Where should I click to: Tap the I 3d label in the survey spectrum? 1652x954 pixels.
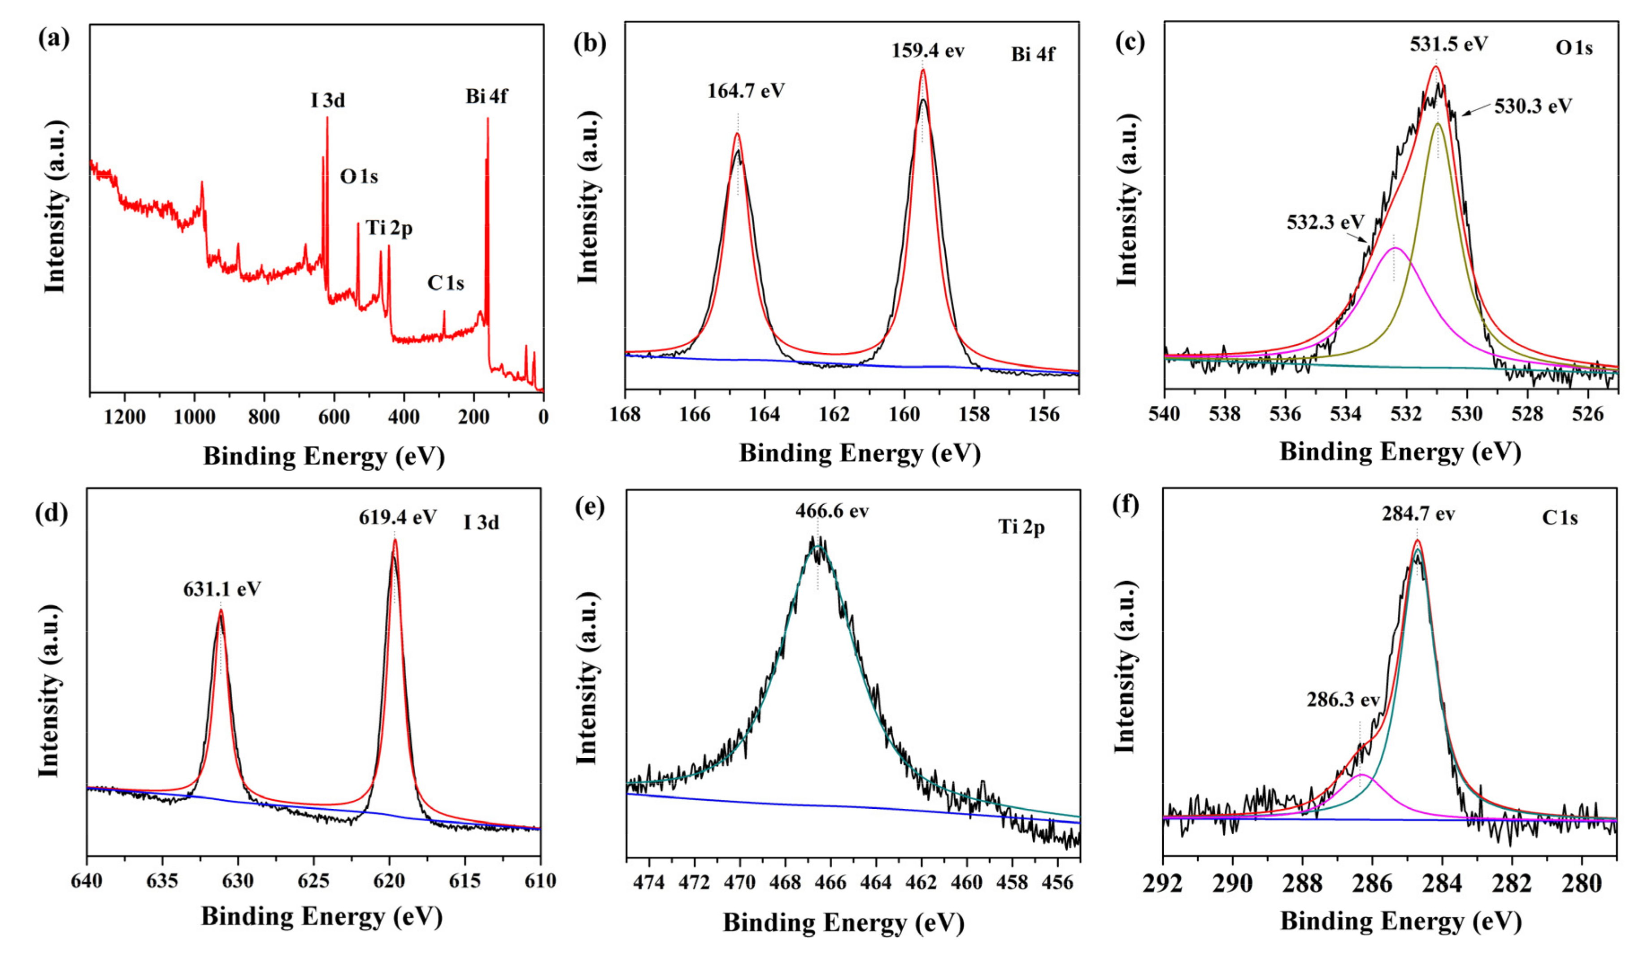[328, 100]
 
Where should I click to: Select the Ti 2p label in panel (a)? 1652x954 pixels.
[389, 228]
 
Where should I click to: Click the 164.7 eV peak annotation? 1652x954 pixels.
[746, 91]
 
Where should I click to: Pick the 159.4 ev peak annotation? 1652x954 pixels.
[927, 51]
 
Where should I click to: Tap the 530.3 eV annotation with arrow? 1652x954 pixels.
[1533, 106]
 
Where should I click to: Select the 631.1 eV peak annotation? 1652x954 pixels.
[222, 589]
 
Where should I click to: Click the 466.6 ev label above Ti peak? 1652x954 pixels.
[832, 511]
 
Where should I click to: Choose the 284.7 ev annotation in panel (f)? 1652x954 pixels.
[1419, 514]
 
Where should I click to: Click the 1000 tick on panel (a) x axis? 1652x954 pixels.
[195, 417]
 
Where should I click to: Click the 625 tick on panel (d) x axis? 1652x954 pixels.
[313, 880]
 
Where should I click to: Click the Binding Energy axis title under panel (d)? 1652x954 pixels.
[322, 916]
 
